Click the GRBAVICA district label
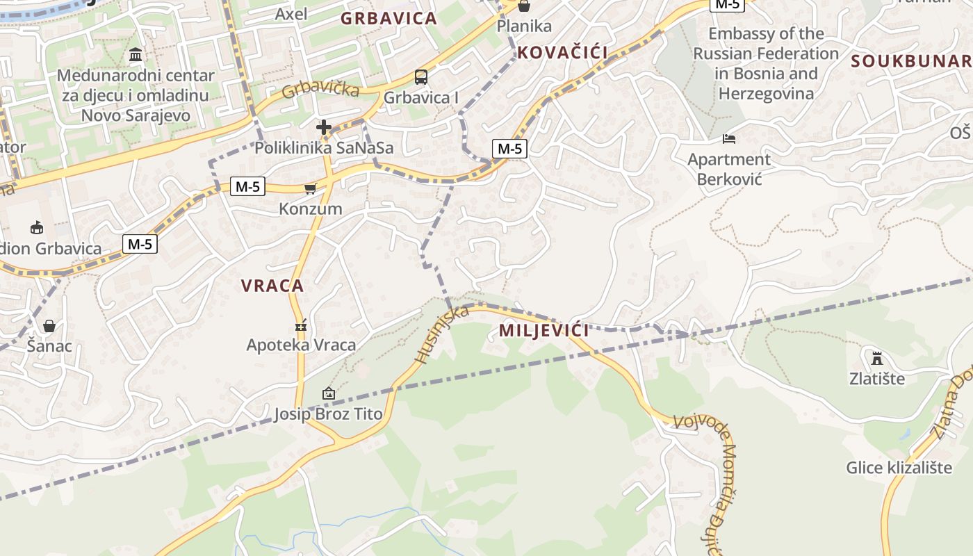[389, 19]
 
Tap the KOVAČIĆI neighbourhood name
[562, 52]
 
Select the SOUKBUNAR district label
[911, 61]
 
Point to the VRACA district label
[272, 285]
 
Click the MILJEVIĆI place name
[543, 330]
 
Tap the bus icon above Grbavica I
[420, 76]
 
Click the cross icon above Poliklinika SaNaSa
[324, 127]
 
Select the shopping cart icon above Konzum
[310, 188]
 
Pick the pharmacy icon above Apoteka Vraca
[301, 325]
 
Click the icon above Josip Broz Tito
[328, 394]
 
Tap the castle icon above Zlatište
[877, 359]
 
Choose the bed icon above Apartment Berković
[728, 139]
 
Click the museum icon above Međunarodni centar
[136, 55]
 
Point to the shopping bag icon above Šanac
[49, 325]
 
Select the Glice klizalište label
[899, 468]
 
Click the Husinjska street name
[441, 334]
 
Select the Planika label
[524, 26]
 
